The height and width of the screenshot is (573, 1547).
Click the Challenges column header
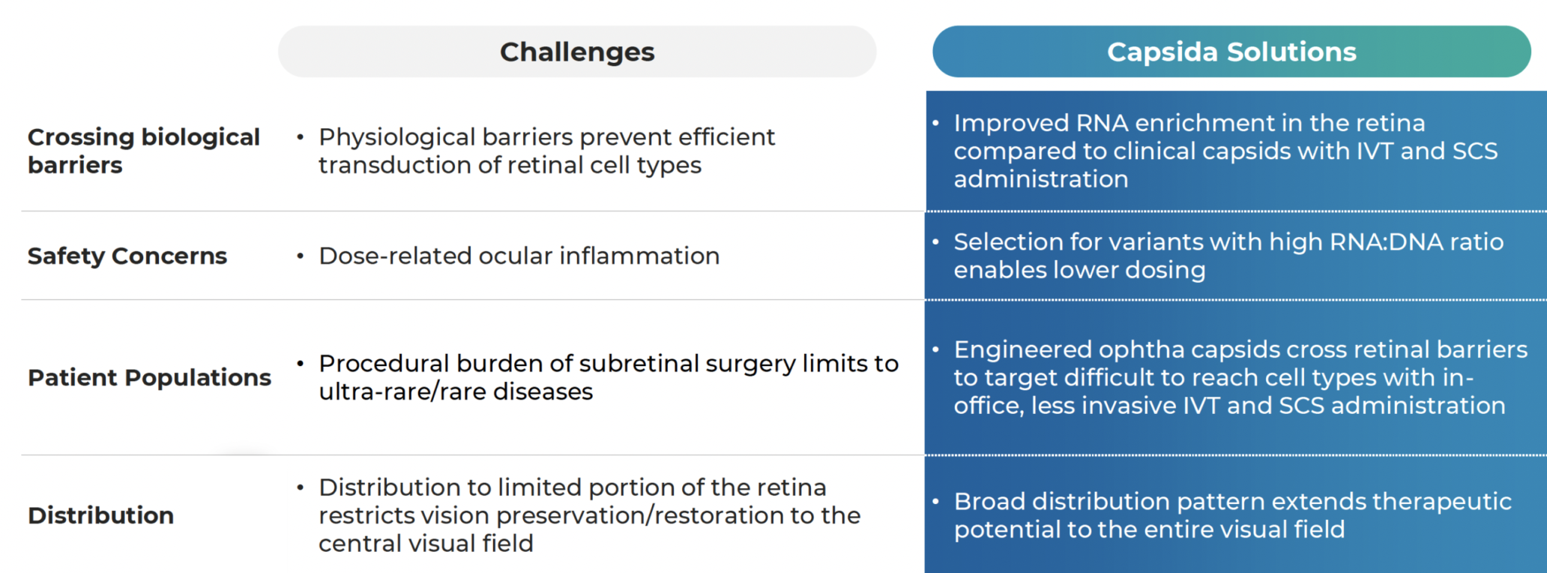click(577, 52)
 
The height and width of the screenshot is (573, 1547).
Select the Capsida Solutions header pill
click(1231, 52)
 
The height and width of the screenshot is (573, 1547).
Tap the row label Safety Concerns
click(127, 256)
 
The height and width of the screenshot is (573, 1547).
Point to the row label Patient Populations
click(149, 377)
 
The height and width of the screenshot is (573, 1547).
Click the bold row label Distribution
click(101, 515)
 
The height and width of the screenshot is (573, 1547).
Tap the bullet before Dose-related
click(300, 256)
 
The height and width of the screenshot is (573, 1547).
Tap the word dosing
click(1162, 270)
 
